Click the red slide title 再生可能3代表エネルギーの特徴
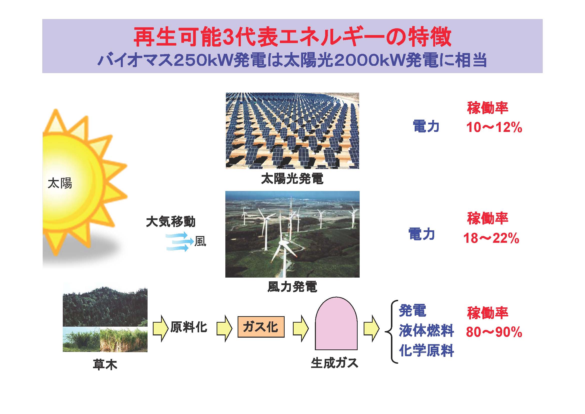(x=293, y=38)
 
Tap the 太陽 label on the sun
(x=60, y=183)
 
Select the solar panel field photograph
(x=292, y=130)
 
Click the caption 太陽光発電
(x=292, y=179)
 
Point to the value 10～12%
(x=494, y=127)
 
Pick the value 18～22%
(x=491, y=238)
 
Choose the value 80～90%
(x=494, y=332)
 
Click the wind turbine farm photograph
(x=292, y=234)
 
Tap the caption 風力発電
(x=292, y=287)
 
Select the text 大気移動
(x=171, y=222)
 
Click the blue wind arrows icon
(x=179, y=241)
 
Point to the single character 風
(x=200, y=241)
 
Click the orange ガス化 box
(x=261, y=327)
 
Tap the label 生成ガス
(x=335, y=363)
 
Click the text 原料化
(x=189, y=327)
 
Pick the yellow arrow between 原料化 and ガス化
(x=224, y=328)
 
